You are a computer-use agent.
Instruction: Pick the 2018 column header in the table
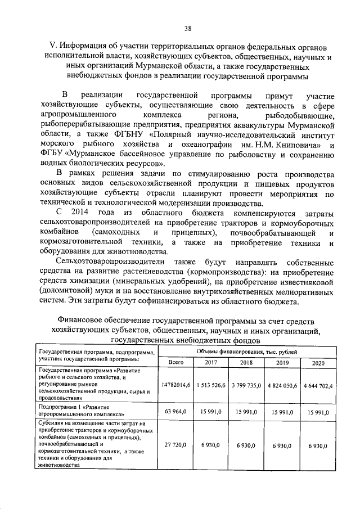click(x=246, y=363)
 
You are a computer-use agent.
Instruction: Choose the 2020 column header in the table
click(x=318, y=363)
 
